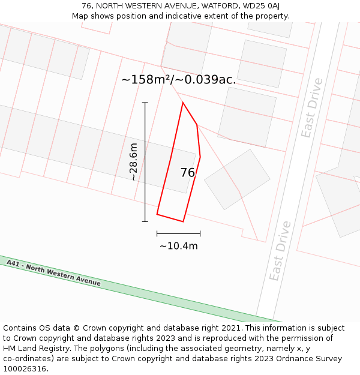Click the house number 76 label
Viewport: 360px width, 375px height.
187,173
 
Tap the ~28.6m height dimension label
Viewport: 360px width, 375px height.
134,162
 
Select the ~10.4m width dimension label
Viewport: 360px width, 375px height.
178,245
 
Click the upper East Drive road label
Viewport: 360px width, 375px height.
311,108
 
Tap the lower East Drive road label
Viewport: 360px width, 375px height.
280,251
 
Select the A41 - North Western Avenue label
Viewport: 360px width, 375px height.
53,273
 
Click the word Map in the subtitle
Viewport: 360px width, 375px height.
81,16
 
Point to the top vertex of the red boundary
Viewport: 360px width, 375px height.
183,103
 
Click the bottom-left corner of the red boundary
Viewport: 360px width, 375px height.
157,214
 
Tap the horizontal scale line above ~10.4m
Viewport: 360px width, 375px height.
178,233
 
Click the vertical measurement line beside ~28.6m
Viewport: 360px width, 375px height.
145,162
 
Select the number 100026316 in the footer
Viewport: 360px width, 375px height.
25,369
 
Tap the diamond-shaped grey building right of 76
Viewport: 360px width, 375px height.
237,179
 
